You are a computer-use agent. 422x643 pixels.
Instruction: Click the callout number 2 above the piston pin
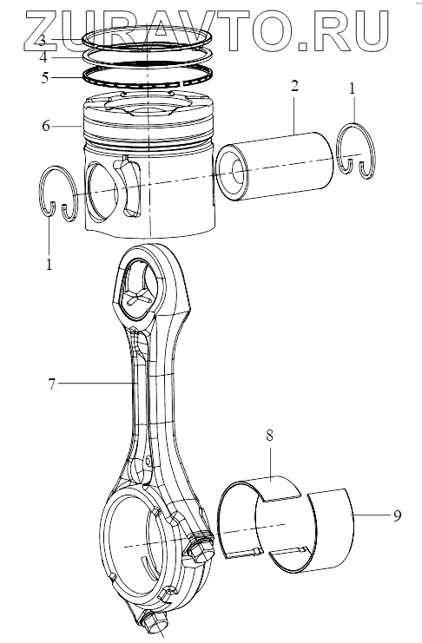coord(294,86)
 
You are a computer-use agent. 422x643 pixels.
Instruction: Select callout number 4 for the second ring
coord(43,57)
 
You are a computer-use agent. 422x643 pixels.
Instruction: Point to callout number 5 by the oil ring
coord(45,77)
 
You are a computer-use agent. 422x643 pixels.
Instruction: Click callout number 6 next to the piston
coord(46,126)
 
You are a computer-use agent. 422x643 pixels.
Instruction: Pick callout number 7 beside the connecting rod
coord(51,384)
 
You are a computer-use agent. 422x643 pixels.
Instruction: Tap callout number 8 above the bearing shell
coord(269,435)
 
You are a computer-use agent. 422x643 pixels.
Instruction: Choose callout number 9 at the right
coord(397,515)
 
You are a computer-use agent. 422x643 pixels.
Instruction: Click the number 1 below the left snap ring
coord(49,264)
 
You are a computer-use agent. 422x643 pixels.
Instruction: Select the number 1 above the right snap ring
coord(352,89)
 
